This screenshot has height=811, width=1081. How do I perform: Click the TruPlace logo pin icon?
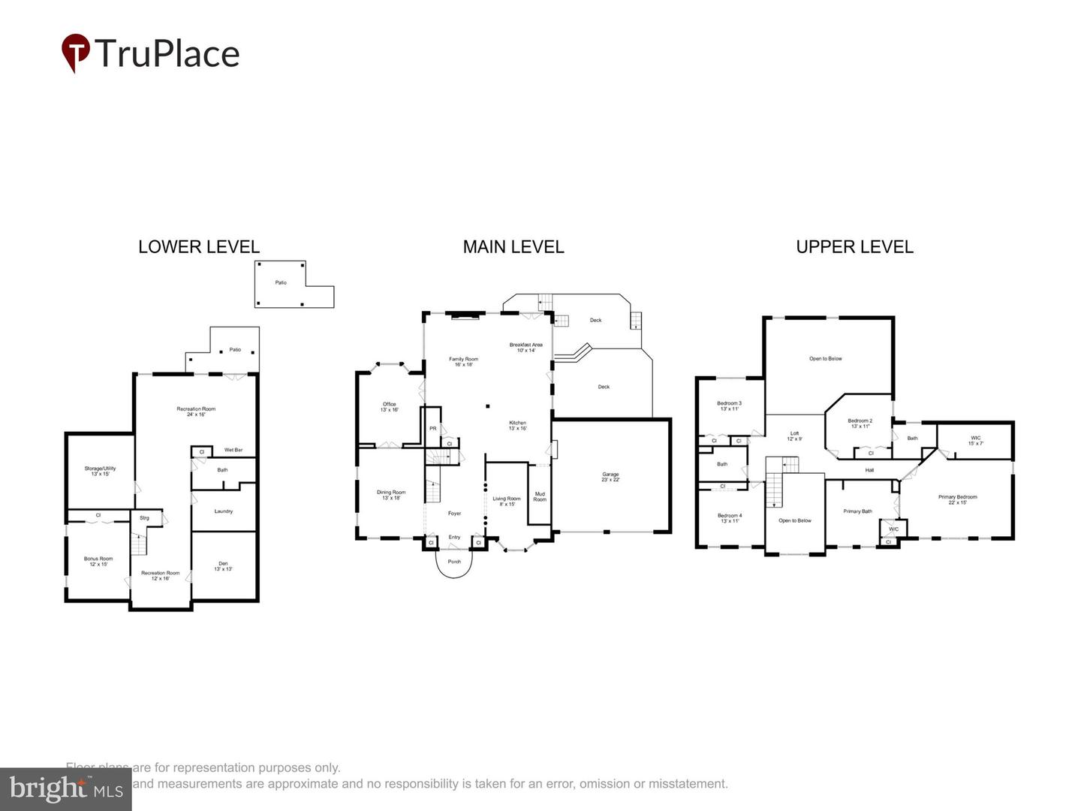coord(75,52)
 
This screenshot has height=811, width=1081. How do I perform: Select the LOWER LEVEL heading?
coord(199,247)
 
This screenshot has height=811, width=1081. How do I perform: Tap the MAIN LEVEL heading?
coord(513,247)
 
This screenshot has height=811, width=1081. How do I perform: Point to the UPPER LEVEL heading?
coord(854,247)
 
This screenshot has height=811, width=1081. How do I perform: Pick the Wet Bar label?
coord(233,450)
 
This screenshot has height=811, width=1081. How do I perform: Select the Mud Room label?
coord(540,496)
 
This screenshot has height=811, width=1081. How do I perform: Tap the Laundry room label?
coord(224,511)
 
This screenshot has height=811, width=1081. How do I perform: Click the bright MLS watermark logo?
coord(66,788)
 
